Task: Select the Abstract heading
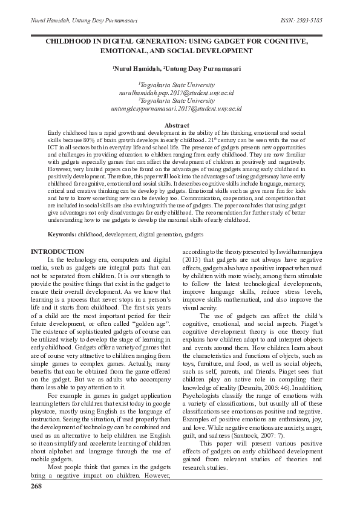click(x=177, y=125)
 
